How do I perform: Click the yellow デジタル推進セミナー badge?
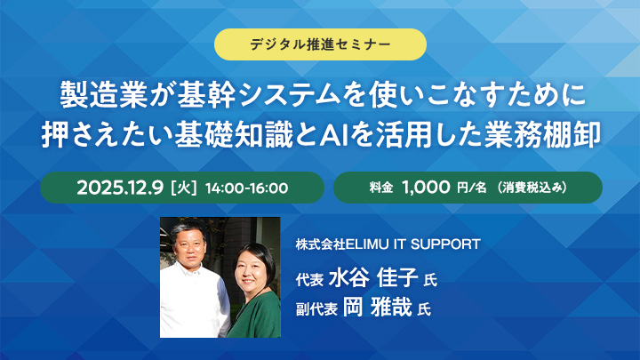coord(320,44)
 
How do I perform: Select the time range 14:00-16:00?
coord(245,188)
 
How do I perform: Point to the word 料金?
coord(380,188)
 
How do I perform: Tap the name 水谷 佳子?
coord(372,279)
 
